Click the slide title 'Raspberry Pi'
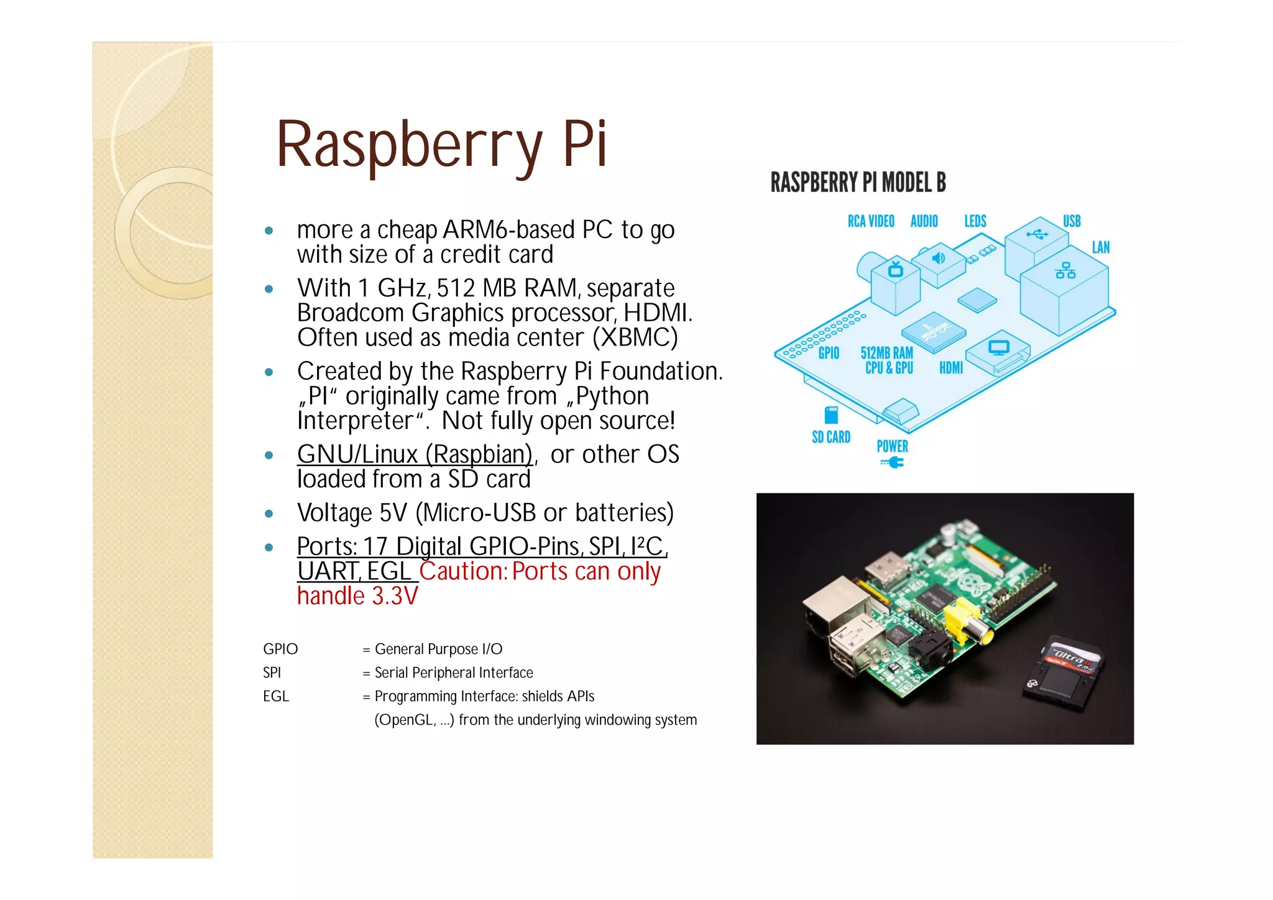441,144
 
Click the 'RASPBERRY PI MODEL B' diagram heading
858,183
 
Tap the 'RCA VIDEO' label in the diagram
871,221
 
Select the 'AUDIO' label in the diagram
924,221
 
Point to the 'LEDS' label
975,221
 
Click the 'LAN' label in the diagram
1100,247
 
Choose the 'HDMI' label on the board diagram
950,368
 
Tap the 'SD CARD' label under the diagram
831,438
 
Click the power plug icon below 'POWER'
893,462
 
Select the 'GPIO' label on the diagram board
829,353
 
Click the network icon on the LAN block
1065,270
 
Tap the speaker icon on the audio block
939,257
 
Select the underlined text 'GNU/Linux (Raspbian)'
415,454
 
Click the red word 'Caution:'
464,571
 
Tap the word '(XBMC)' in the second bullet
635,337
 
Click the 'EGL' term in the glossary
276,696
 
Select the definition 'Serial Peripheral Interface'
454,673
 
